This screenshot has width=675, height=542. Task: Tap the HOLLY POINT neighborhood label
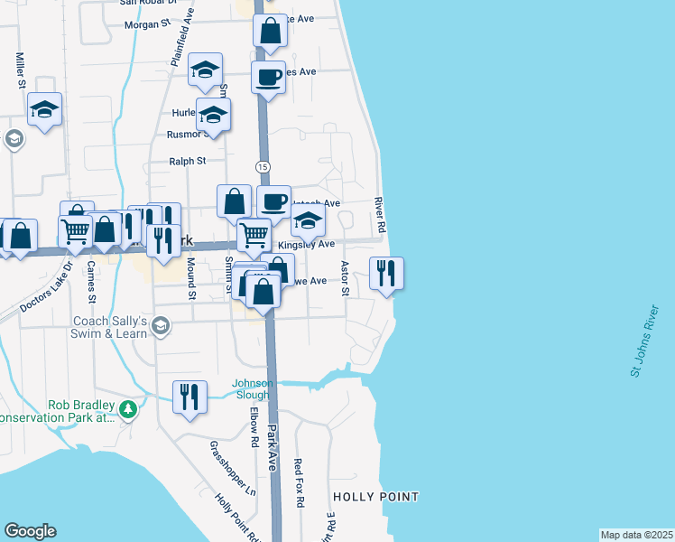pos(375,497)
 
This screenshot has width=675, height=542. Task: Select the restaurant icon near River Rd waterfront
pos(386,274)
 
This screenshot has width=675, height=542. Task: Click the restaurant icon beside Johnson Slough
pos(190,397)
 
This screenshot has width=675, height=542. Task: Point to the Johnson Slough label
pos(251,388)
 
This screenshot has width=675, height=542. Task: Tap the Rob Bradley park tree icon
pos(129,410)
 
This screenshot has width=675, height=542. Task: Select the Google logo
pos(30,531)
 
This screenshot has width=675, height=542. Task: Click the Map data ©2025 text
pos(636,534)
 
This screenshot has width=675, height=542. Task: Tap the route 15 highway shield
pos(263,167)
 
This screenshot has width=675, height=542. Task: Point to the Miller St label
pos(19,70)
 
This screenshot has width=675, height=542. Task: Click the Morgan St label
pos(141,24)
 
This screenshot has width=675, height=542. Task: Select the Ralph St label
pos(188,162)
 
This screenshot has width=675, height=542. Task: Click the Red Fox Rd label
pos(300,482)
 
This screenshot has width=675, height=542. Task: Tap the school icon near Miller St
pos(44,110)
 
